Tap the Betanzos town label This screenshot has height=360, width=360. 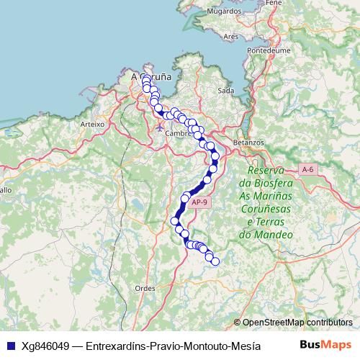[x=249, y=143]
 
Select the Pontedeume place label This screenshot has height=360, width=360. [x=268, y=51]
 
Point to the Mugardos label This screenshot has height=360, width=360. [x=224, y=12]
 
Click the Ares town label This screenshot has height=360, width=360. [x=231, y=36]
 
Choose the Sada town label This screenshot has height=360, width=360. [x=225, y=91]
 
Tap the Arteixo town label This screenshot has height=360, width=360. [x=93, y=124]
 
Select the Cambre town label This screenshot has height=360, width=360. [x=177, y=133]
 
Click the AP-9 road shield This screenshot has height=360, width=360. [x=200, y=202]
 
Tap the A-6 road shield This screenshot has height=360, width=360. [x=308, y=169]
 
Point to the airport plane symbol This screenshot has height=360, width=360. [x=160, y=127]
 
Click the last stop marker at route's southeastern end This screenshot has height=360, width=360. [x=214, y=262]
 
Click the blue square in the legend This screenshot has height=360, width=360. [x=10, y=345]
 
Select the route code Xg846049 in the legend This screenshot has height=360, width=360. [x=46, y=345]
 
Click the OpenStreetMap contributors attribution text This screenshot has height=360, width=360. [x=297, y=323]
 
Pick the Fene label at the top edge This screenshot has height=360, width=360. [x=273, y=3]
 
